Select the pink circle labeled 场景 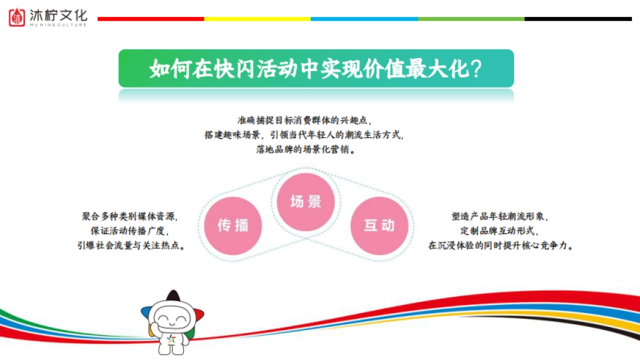(306, 201)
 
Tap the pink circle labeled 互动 (379, 225)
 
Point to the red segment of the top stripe (150, 19)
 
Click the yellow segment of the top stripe (257, 19)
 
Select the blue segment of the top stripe (364, 19)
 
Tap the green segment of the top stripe (471, 19)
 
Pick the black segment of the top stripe (578, 19)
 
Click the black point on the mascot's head (172, 295)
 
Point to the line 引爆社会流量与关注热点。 (131, 245)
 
